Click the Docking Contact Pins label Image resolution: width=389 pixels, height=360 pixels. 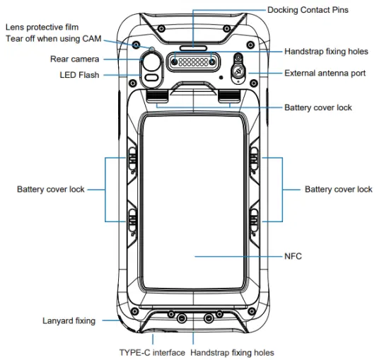(x=308, y=10)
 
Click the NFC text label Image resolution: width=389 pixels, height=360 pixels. (x=293, y=256)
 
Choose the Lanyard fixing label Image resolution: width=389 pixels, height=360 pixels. (x=69, y=321)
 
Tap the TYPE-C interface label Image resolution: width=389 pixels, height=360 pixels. (x=152, y=352)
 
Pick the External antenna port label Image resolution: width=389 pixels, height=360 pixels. (x=325, y=73)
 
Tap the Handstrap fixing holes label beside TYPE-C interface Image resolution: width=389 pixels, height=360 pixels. (x=232, y=352)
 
